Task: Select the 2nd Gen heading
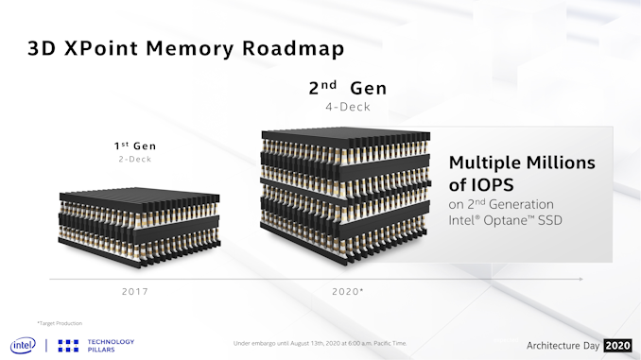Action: tap(347, 89)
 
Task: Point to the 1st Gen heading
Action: tap(134, 146)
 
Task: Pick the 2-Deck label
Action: tap(134, 160)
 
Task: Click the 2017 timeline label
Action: tap(134, 291)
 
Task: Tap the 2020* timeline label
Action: tap(348, 291)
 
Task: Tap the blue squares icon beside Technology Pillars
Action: tap(68, 345)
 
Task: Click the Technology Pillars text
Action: tap(111, 345)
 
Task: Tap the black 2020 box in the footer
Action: tap(617, 344)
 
